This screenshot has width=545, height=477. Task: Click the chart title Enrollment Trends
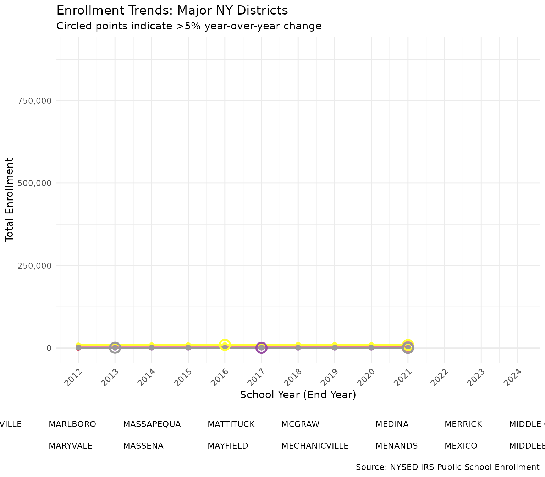coord(172,11)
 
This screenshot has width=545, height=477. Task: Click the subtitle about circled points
coord(189,26)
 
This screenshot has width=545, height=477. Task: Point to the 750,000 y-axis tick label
coord(34,101)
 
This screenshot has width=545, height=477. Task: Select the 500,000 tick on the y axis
coord(34,183)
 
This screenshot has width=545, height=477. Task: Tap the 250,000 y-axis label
coord(34,265)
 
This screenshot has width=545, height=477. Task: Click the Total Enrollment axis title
coord(10,200)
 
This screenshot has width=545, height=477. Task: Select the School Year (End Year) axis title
coord(298,395)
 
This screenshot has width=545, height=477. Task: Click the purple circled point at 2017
coord(261,348)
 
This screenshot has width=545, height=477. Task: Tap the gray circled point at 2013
coord(115,348)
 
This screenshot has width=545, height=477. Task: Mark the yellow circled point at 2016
coord(225,345)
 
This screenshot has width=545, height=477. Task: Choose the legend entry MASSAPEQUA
coord(152,424)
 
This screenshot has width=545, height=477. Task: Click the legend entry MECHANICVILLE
coord(315,446)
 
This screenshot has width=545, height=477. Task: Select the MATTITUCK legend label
coord(231,424)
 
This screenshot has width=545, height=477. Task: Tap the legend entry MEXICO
coord(461,446)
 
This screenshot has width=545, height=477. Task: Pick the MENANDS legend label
coord(396,446)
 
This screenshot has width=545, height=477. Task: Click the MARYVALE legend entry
coord(70,446)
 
